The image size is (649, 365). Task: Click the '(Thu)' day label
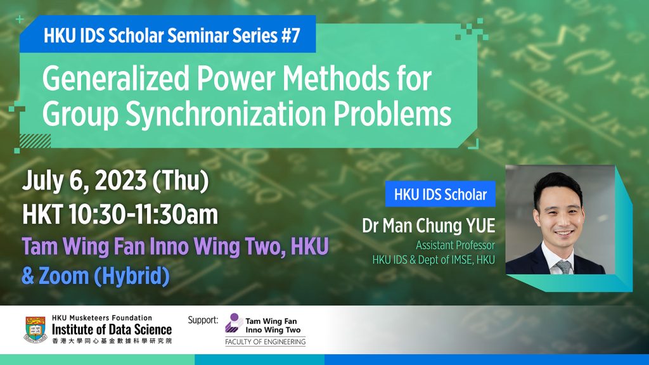179,182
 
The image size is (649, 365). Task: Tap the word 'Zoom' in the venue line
64,277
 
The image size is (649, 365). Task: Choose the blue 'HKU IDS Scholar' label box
440,195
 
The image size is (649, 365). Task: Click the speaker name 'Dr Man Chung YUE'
429,226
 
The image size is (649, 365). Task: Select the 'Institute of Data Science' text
112,330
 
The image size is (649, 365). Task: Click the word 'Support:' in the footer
203,320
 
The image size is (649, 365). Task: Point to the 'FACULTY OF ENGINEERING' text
265,343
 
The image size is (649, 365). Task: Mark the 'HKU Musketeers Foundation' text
102,318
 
